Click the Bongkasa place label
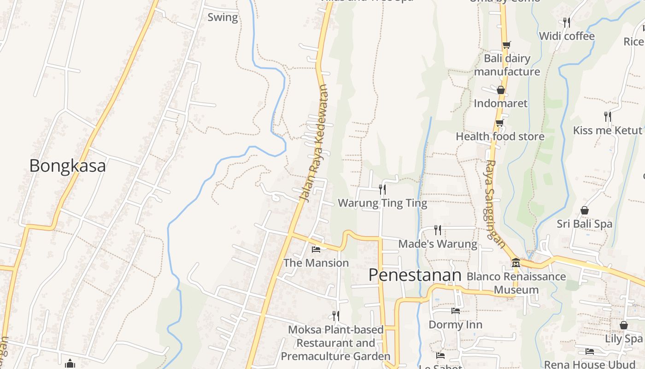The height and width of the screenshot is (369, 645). click(x=67, y=166)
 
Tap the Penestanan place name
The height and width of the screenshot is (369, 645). click(x=415, y=275)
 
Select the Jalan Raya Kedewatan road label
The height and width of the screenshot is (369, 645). click(x=314, y=143)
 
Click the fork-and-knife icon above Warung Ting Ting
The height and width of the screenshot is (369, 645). click(x=382, y=189)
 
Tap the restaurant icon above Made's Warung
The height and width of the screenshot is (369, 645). click(x=437, y=230)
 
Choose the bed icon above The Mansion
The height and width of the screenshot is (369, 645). click(x=316, y=250)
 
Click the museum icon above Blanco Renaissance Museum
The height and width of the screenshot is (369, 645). click(x=516, y=263)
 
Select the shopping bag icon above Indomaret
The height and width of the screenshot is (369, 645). click(x=501, y=89)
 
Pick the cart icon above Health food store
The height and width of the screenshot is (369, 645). click(x=500, y=123)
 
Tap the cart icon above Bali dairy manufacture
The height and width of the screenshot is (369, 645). click(x=506, y=45)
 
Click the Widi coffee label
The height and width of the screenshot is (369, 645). click(x=566, y=36)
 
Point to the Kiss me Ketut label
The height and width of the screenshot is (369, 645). click(x=607, y=130)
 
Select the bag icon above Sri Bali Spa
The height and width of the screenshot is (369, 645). click(x=584, y=210)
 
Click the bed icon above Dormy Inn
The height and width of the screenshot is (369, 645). click(x=455, y=311)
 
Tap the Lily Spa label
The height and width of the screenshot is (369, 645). click(x=623, y=339)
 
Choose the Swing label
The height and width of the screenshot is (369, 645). click(x=223, y=18)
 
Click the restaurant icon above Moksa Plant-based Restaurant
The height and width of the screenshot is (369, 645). click(x=336, y=316)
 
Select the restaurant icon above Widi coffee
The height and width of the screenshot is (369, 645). click(x=567, y=22)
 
